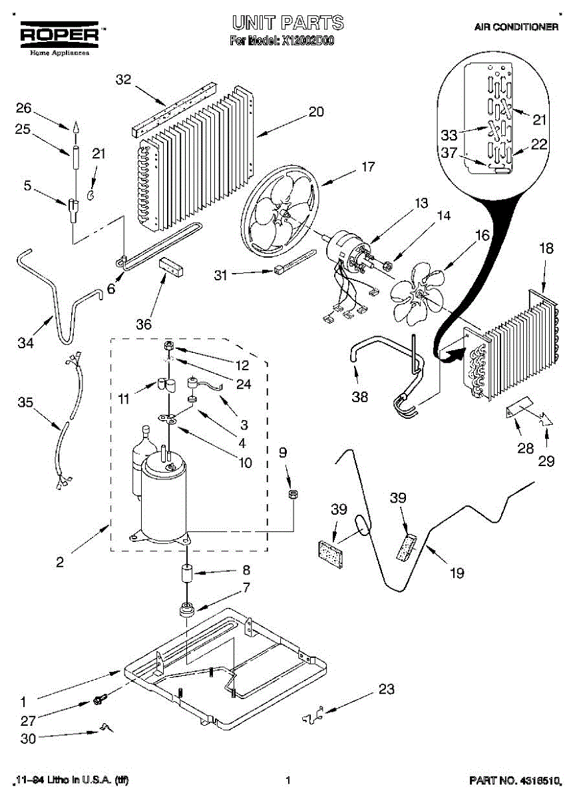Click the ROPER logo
click(x=59, y=35)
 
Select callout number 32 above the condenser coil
click(x=124, y=80)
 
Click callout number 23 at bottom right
click(x=387, y=689)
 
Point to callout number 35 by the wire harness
click(x=25, y=403)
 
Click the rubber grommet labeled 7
click(x=187, y=609)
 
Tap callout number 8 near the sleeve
click(x=246, y=570)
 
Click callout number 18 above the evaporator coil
click(x=546, y=249)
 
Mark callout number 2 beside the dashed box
click(x=60, y=563)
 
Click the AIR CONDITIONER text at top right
click(x=516, y=27)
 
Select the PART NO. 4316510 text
click(x=512, y=779)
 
